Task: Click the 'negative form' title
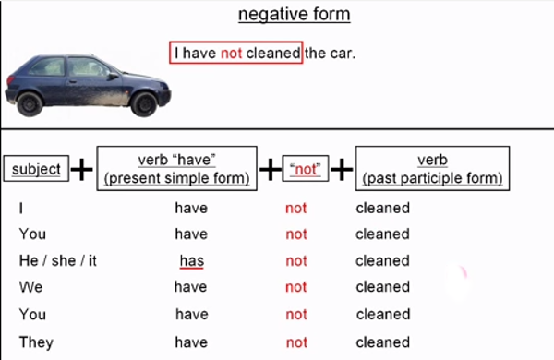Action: [294, 15]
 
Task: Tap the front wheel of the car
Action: [143, 102]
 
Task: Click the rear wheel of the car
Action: [30, 102]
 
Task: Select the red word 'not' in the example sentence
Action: [231, 53]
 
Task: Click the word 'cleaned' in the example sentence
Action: [273, 53]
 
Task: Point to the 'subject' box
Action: [36, 169]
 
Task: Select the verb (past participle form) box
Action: [432, 168]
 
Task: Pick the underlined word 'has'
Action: [191, 261]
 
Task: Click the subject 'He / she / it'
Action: [57, 261]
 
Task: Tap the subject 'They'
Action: [36, 342]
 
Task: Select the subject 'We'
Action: [30, 287]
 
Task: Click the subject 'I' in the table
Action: [21, 208]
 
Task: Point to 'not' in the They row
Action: [295, 342]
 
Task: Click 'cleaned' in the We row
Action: [382, 287]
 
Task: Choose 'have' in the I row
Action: [191, 208]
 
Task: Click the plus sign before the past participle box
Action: [342, 170]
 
